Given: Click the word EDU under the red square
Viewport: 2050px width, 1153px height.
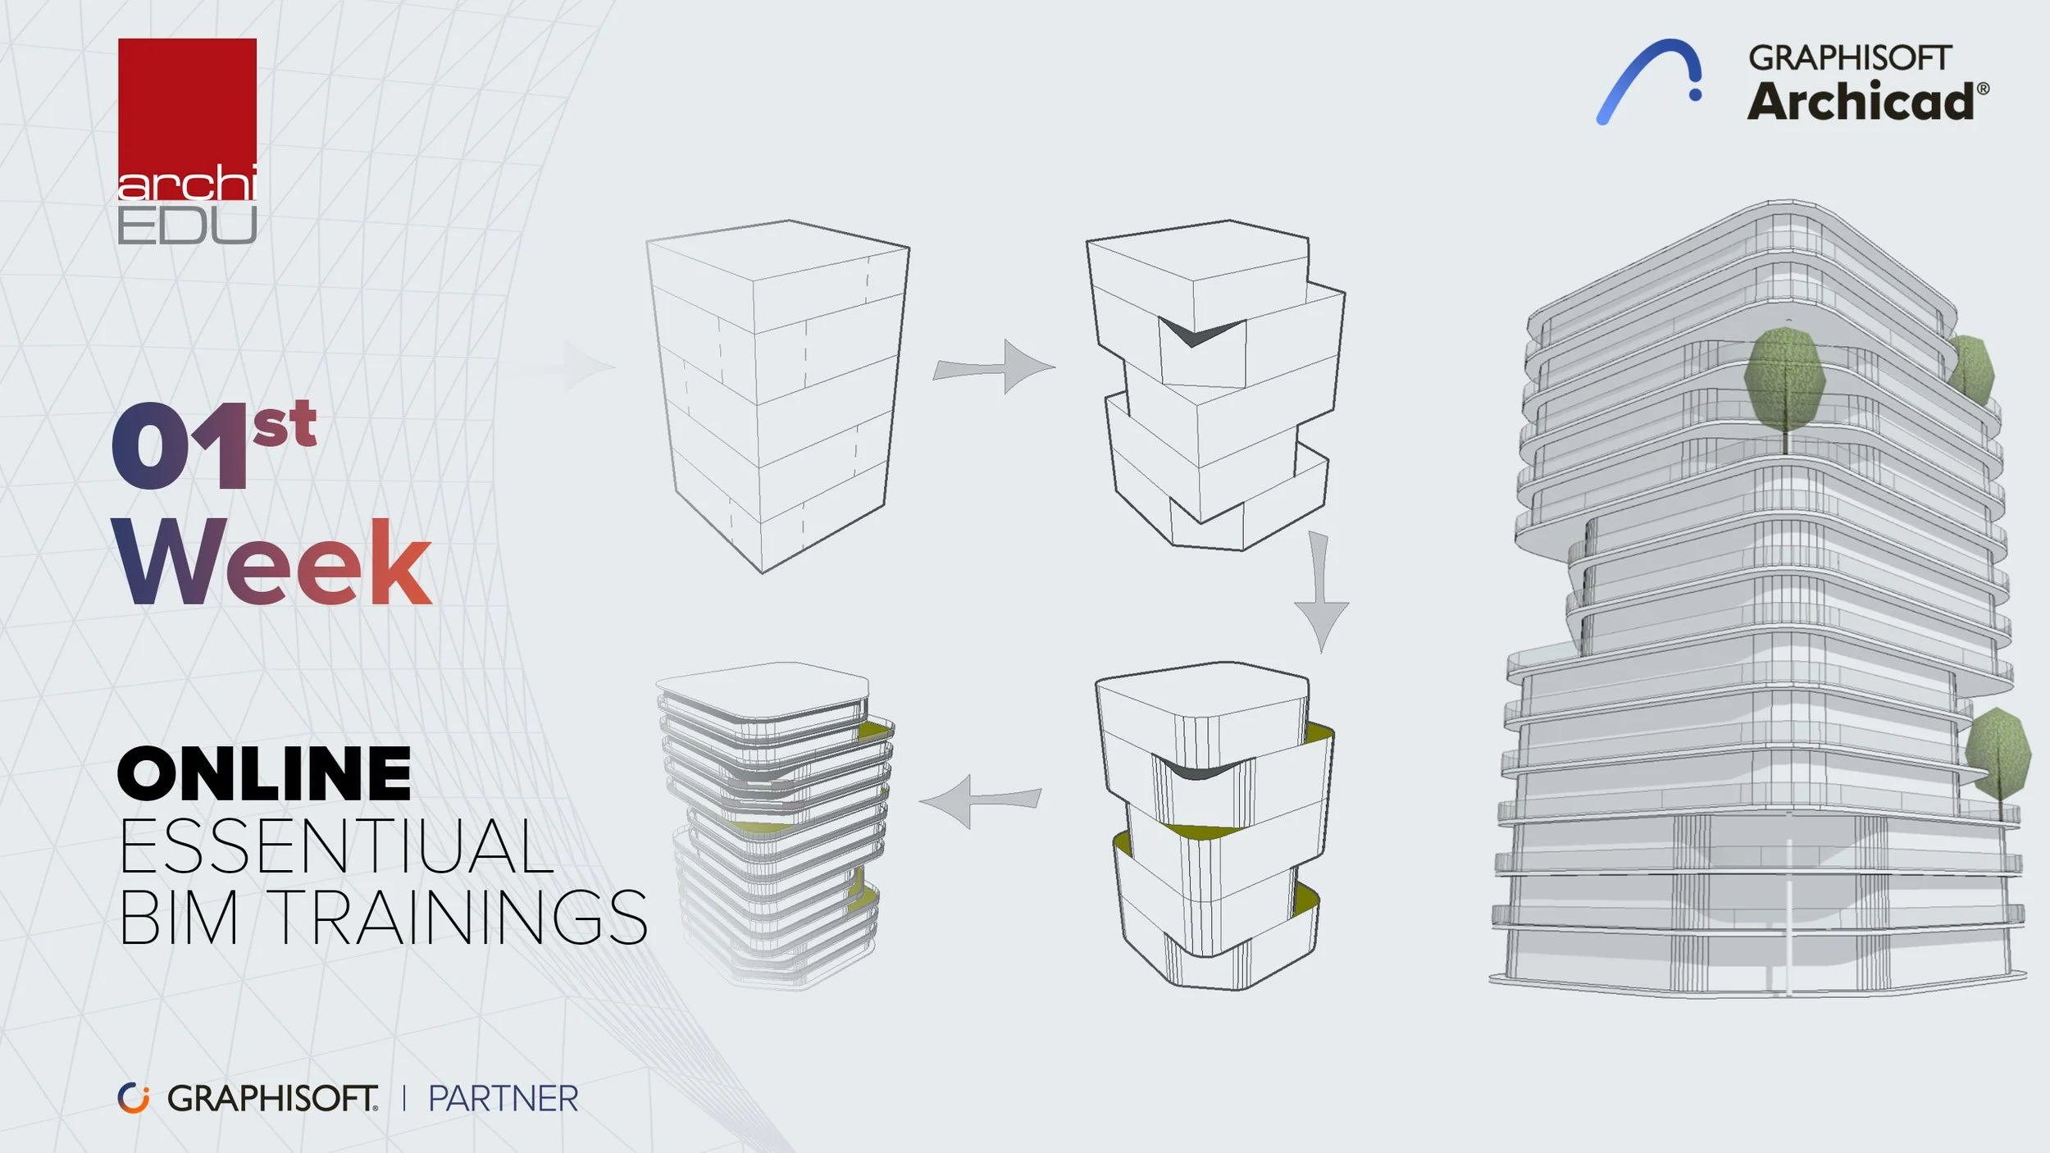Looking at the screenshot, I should [187, 226].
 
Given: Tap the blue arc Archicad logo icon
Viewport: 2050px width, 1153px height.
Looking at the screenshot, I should [1648, 80].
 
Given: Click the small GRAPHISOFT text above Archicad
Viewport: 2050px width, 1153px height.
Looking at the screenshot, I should [1849, 57].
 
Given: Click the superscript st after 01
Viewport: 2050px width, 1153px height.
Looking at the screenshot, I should [285, 424].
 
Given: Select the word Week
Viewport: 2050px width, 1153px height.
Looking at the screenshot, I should [272, 563].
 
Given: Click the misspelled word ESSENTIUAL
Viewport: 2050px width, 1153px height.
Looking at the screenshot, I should [336, 846].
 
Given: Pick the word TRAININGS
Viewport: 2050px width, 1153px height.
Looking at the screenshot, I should [458, 918].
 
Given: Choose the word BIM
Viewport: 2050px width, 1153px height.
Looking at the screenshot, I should [180, 918].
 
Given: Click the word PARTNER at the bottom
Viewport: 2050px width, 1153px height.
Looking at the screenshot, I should [503, 1099].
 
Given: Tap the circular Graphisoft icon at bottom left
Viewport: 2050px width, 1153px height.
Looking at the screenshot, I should [133, 1098].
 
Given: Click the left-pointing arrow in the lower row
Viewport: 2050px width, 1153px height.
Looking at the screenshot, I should [979, 800].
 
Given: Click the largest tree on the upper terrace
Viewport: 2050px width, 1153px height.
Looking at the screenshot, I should [1785, 381].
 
